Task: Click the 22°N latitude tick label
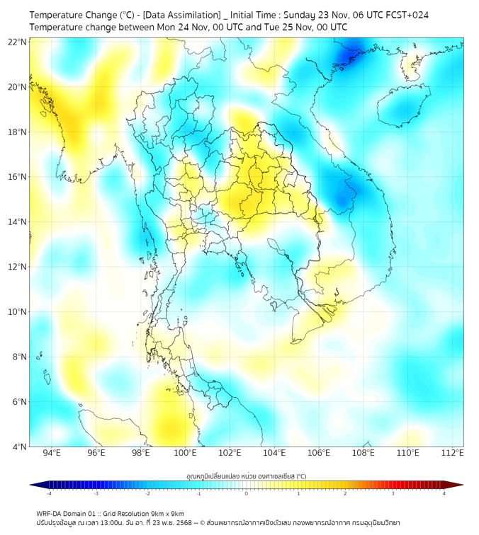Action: (x=18, y=42)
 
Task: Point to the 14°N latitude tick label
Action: (x=18, y=222)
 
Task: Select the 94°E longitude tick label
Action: (x=52, y=453)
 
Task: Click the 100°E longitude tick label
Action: (x=186, y=453)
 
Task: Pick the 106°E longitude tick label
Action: (x=319, y=453)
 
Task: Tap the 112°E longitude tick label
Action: (x=453, y=453)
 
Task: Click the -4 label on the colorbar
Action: (x=49, y=493)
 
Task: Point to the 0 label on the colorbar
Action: (x=247, y=493)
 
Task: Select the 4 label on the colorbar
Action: (x=444, y=493)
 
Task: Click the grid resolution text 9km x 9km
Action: (x=166, y=513)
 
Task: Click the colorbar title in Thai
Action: (x=246, y=476)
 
